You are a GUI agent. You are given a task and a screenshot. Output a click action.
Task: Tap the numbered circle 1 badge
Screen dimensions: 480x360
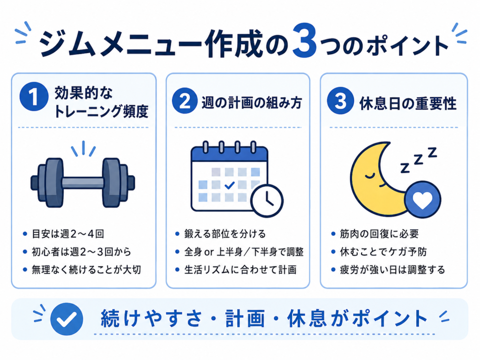(x=34, y=97)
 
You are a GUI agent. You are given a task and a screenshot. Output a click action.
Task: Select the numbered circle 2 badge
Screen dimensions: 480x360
(x=184, y=101)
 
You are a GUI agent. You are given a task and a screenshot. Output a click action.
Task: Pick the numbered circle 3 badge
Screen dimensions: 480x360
(x=340, y=101)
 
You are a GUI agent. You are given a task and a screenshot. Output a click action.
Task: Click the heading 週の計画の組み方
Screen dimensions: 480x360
(x=252, y=103)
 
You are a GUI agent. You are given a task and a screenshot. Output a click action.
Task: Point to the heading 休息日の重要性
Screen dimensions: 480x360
(x=408, y=104)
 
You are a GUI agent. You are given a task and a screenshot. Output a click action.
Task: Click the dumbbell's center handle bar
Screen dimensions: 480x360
(x=82, y=183)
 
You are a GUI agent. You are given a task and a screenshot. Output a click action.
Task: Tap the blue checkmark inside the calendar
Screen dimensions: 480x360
(x=230, y=185)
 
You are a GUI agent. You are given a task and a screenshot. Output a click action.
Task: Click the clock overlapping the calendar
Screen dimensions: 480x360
(x=267, y=201)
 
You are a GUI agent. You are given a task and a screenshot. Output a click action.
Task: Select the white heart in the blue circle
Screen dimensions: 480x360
(x=422, y=200)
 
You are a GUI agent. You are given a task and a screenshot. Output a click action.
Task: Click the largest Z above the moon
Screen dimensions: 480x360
(x=432, y=152)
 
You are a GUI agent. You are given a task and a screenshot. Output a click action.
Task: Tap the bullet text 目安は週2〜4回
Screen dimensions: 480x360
(x=68, y=234)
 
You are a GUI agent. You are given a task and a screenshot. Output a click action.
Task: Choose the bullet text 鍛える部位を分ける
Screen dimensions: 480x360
(x=225, y=234)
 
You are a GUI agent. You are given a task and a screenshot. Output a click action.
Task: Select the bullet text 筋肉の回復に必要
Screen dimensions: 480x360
(x=379, y=234)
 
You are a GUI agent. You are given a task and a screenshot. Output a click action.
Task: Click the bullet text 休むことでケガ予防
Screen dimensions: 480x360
(x=383, y=252)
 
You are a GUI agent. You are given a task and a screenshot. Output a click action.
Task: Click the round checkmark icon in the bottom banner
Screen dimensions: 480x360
(x=67, y=319)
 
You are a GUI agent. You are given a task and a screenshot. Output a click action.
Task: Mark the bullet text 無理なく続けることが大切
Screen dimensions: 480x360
(x=86, y=270)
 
